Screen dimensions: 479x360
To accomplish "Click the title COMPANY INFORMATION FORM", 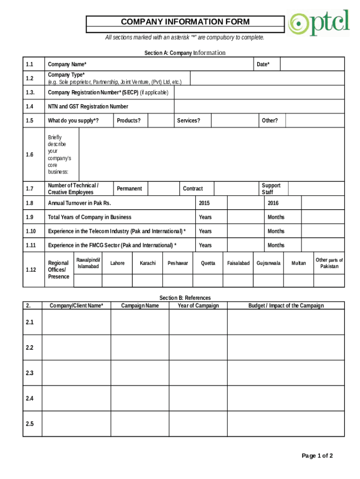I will pyautogui.click(x=185, y=22).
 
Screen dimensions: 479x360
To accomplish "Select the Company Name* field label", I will pyautogui.click(x=67, y=64).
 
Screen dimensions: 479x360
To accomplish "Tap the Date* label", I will pyautogui.click(x=263, y=64).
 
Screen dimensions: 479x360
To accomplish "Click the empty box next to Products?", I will pyautogui.click(x=160, y=121).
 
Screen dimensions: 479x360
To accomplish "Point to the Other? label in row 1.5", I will pyautogui.click(x=270, y=121).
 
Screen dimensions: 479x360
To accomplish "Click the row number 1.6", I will pyautogui.click(x=30, y=155).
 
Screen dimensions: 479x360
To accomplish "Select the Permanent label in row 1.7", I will pyautogui.click(x=130, y=189).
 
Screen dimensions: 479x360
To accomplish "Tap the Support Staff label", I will pyautogui.click(x=271, y=189).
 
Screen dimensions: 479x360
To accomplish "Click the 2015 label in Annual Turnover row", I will pyautogui.click(x=204, y=203).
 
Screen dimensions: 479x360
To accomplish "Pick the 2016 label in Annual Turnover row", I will pyautogui.click(x=273, y=203).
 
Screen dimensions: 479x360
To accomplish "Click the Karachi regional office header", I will pyautogui.click(x=148, y=263).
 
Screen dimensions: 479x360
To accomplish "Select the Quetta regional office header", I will pyautogui.click(x=208, y=263).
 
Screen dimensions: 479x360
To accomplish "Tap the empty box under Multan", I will pyautogui.click(x=298, y=280).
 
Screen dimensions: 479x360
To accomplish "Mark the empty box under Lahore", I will pyautogui.click(x=117, y=280).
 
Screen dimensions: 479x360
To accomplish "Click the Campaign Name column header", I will pyautogui.click(x=140, y=306).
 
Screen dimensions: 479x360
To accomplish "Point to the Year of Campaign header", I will pyautogui.click(x=198, y=306).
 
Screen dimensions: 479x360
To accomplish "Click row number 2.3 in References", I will pyautogui.click(x=30, y=373).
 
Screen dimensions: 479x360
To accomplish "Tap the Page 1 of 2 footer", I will pyautogui.click(x=317, y=456).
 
